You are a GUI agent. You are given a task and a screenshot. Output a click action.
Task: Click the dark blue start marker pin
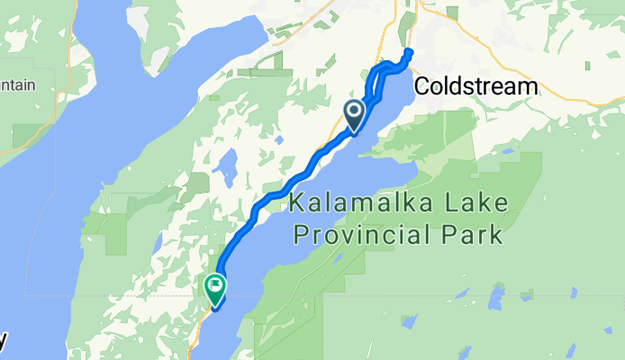(x=354, y=114)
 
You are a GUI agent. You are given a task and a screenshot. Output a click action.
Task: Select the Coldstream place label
(x=476, y=87)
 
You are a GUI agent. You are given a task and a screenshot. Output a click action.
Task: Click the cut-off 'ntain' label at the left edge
(x=17, y=85)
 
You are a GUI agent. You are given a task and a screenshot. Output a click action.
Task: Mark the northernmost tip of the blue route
(x=410, y=51)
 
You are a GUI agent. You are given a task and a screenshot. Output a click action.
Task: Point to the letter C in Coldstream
(x=423, y=87)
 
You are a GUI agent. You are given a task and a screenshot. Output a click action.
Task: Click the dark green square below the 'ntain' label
(x=20, y=136)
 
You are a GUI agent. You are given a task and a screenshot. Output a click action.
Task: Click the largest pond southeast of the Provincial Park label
(x=496, y=298)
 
